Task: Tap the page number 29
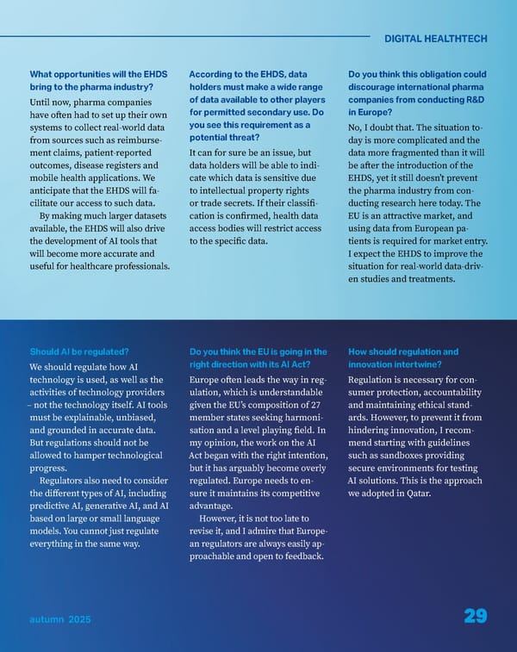475,616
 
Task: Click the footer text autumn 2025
59,619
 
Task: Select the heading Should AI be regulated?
79,351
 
